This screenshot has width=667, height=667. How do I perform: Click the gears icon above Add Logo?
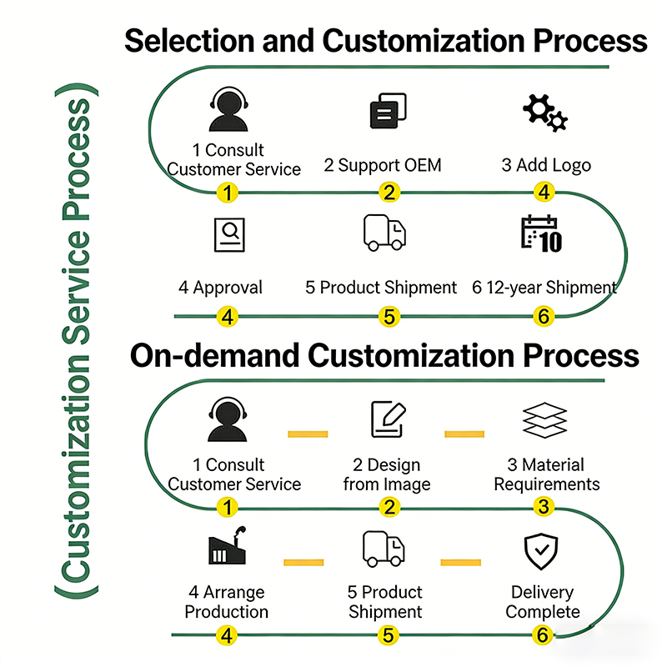545,113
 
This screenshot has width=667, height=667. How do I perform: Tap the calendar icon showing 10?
541,234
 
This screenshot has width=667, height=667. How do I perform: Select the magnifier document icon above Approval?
229,235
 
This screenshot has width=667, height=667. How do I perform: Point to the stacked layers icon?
544,420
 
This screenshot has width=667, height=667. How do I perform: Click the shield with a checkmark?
541,551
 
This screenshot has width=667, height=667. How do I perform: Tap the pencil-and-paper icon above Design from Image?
389,419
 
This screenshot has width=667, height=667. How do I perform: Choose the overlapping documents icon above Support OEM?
388,111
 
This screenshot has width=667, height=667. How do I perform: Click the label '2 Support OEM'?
383,165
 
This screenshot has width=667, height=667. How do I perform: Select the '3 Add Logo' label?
546,165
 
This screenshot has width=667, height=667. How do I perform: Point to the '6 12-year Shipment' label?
544,288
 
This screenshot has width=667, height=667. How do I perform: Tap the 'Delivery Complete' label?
543,602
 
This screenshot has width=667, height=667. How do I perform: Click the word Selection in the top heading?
189,41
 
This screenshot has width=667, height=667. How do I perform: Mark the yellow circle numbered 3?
544,507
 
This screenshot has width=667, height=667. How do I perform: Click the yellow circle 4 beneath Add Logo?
544,193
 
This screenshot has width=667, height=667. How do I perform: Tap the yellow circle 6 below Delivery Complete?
543,635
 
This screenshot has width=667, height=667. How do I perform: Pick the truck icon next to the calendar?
384,233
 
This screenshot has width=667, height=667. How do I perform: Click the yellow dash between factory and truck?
303,562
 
